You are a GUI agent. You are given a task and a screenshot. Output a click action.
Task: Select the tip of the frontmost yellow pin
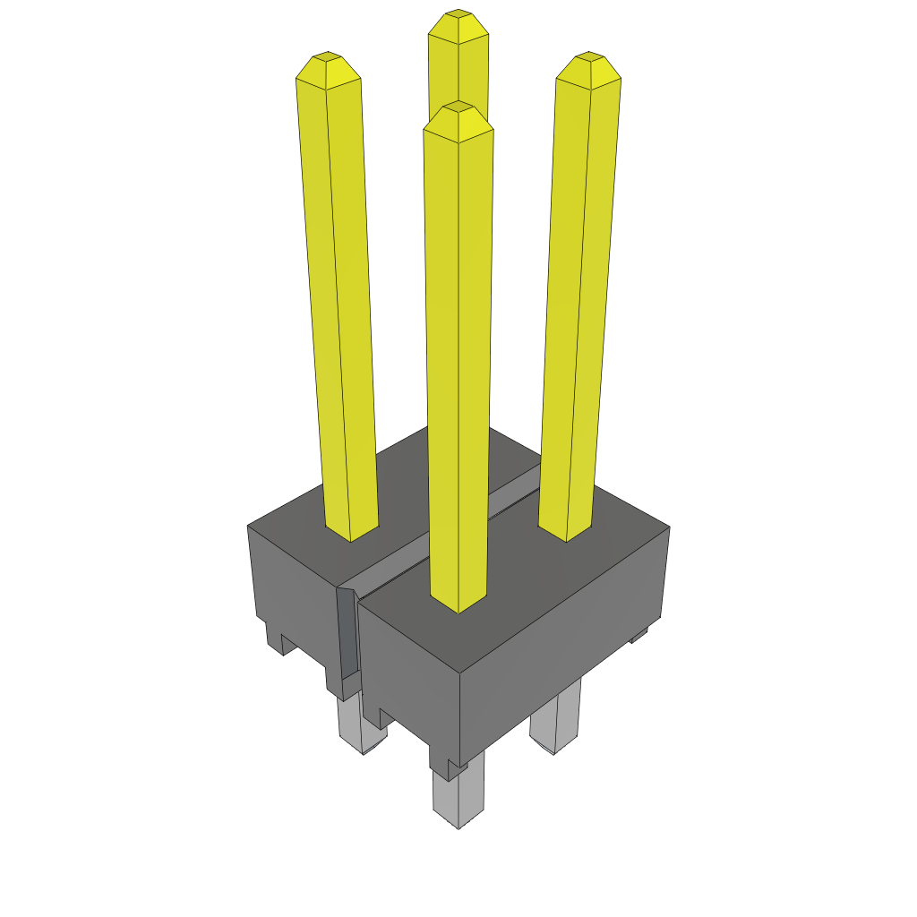tap(458, 108)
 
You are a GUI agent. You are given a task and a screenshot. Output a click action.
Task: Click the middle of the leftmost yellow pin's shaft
tap(338, 296)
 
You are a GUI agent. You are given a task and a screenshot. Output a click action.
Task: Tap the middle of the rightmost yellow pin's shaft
tap(578, 296)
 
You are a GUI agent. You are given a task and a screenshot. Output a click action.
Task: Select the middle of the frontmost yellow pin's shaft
tap(458, 358)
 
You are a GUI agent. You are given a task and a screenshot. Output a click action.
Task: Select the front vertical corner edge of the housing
tap(459, 716)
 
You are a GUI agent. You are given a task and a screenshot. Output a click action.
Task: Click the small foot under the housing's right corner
tap(638, 636)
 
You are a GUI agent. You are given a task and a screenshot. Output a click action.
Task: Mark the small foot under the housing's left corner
tap(276, 638)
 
